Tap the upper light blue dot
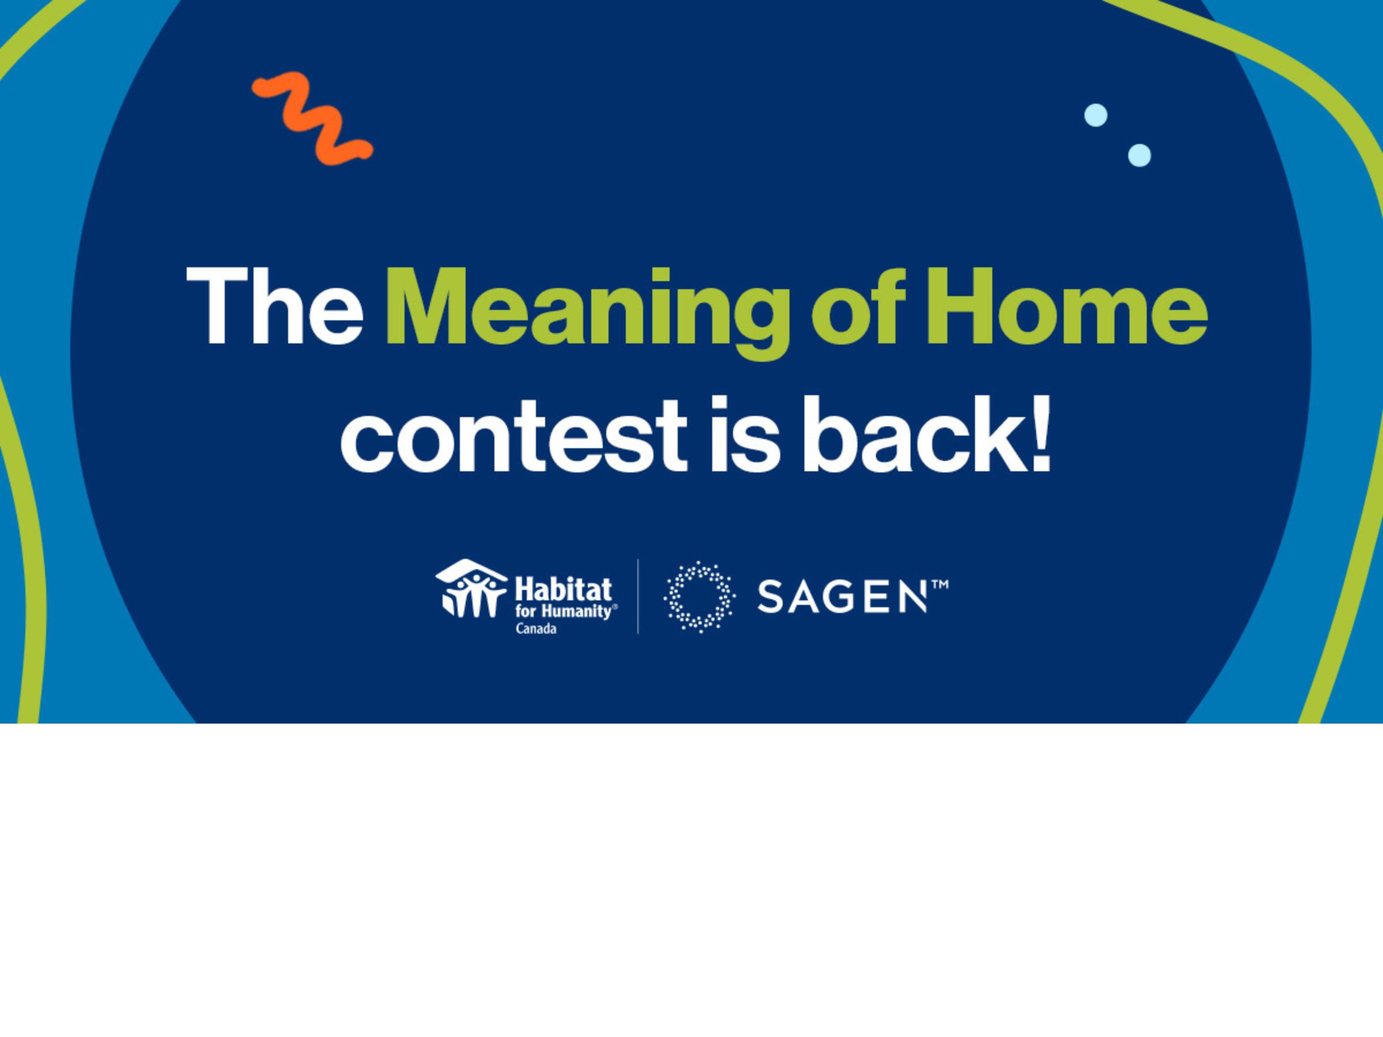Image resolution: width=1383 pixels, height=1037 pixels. tap(1095, 116)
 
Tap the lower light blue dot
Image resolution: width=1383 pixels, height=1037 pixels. tap(1139, 155)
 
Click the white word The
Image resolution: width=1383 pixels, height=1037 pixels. tap(274, 307)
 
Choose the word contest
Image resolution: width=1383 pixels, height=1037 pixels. tap(513, 435)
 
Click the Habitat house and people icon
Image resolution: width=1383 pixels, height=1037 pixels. tap(470, 588)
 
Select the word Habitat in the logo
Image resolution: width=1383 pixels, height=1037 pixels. tap(562, 589)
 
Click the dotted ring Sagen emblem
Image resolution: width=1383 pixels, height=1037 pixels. tap(699, 597)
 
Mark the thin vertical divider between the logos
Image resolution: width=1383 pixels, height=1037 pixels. tap(638, 596)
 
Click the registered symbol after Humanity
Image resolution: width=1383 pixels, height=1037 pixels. tap(615, 606)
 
